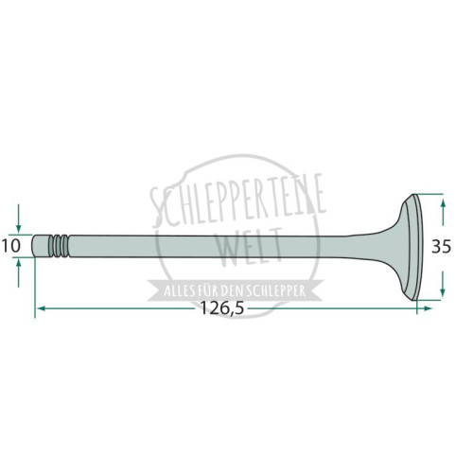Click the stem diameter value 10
tap(11, 246)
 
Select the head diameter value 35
tap(441, 246)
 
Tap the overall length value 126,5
tap(222, 308)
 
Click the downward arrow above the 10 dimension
tap(18, 219)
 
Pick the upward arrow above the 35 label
tap(443, 212)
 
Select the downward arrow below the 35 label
tap(443, 284)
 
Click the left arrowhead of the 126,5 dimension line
tap(42, 308)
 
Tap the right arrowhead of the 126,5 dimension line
tap(427, 308)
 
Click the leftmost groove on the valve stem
tap(51, 246)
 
